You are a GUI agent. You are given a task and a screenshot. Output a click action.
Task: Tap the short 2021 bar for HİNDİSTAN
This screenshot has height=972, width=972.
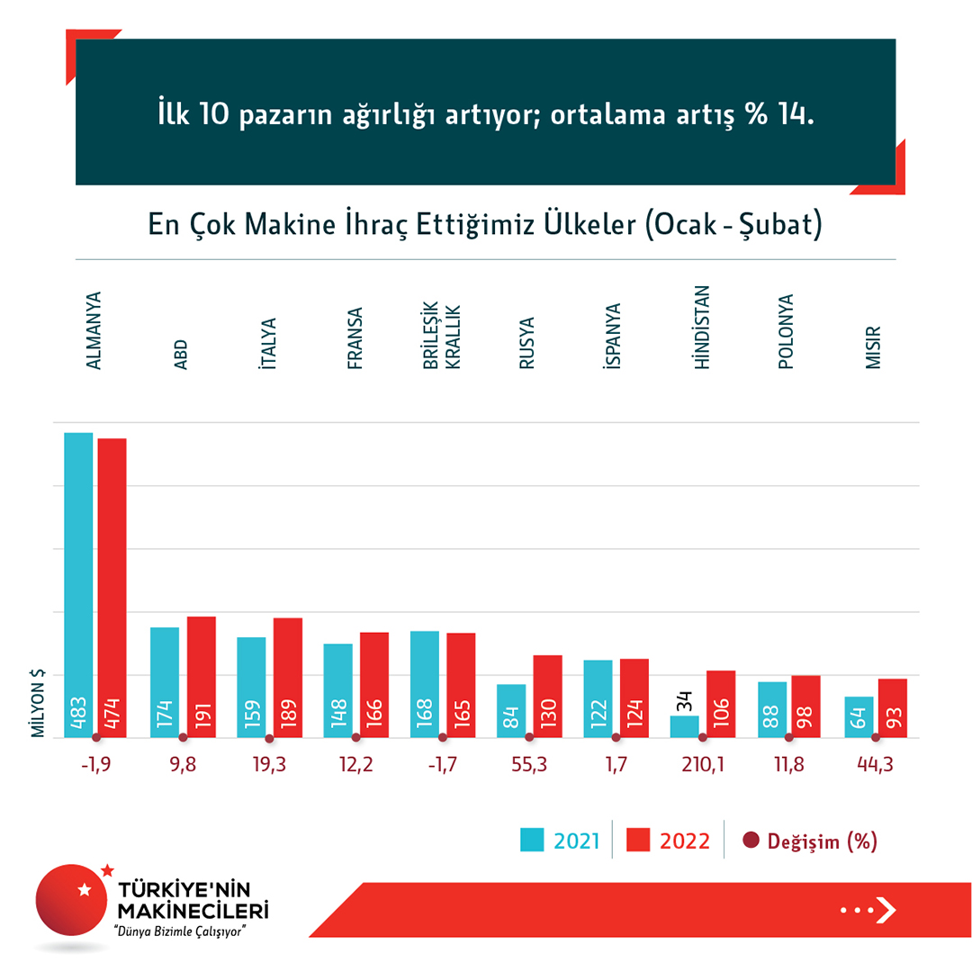click(684, 726)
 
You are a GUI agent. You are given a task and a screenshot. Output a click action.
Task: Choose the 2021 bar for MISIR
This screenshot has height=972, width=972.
click(859, 716)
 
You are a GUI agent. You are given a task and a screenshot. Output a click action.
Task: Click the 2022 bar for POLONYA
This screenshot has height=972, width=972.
click(806, 706)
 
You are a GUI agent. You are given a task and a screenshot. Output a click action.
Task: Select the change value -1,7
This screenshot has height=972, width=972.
click(440, 766)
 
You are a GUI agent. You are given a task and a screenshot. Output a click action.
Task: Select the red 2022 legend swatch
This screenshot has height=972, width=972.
click(639, 841)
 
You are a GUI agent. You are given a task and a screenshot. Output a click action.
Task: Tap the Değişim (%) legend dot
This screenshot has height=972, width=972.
click(751, 841)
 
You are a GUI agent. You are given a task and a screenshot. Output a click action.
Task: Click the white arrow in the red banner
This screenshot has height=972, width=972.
click(886, 910)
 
